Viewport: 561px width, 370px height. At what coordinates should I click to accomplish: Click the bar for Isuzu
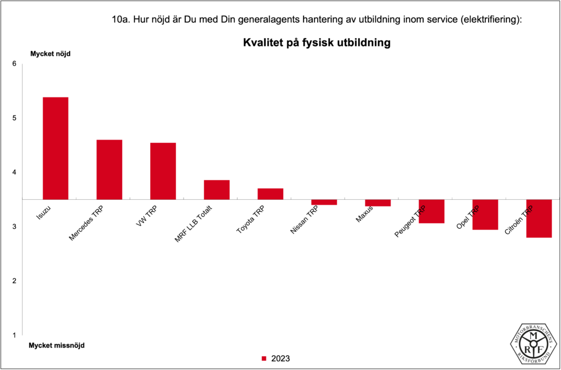(x=55, y=148)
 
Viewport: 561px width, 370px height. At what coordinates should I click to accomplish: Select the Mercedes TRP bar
(x=109, y=170)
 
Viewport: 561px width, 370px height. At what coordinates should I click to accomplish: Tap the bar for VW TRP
(x=163, y=171)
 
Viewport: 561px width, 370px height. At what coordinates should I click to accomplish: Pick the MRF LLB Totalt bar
(x=216, y=189)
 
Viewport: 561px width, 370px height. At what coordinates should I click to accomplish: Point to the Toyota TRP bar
(x=270, y=194)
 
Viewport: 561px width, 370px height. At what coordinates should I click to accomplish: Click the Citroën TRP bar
(x=539, y=218)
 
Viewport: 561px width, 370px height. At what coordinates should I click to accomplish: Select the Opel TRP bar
(x=485, y=215)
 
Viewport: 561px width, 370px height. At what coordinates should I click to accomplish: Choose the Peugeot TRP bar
(x=431, y=211)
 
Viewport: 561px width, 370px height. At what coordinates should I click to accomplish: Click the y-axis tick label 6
(x=14, y=64)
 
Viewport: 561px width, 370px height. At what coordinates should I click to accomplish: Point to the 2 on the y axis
(x=14, y=281)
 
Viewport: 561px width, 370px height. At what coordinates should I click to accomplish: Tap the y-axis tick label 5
(x=14, y=118)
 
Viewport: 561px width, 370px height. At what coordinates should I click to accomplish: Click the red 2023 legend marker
(x=264, y=359)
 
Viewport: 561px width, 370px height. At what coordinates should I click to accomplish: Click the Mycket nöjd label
(x=50, y=54)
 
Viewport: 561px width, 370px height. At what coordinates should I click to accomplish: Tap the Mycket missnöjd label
(x=56, y=345)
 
